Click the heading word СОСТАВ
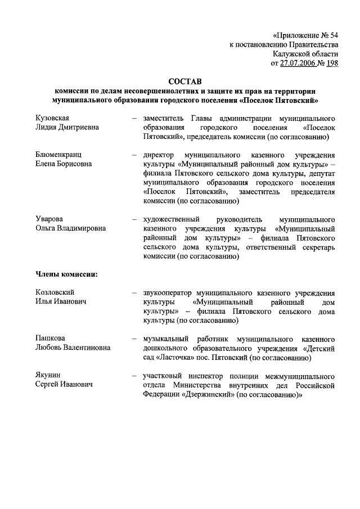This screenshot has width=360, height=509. click(x=185, y=82)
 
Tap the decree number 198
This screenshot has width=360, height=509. click(x=332, y=63)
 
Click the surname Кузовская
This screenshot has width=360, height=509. click(x=51, y=118)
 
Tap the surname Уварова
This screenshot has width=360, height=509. click(x=48, y=219)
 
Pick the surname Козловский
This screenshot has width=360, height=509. click(x=55, y=292)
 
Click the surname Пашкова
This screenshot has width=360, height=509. click(x=49, y=338)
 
